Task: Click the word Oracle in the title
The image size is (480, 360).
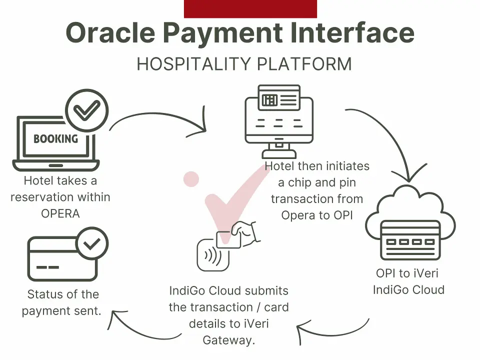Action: click(x=110, y=32)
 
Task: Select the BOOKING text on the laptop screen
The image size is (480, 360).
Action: click(x=55, y=139)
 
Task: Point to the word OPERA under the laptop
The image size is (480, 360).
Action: click(x=60, y=213)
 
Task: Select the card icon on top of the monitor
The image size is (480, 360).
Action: click(x=279, y=97)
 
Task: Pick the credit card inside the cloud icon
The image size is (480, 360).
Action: click(x=410, y=240)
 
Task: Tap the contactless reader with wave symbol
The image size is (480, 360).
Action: click(x=213, y=254)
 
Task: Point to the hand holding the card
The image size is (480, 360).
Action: click(x=245, y=232)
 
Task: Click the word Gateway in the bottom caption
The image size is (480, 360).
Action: click(x=228, y=340)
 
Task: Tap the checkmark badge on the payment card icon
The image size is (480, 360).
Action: click(x=92, y=243)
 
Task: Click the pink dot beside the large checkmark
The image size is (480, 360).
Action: click(x=191, y=179)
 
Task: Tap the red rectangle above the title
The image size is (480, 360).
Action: click(x=250, y=9)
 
